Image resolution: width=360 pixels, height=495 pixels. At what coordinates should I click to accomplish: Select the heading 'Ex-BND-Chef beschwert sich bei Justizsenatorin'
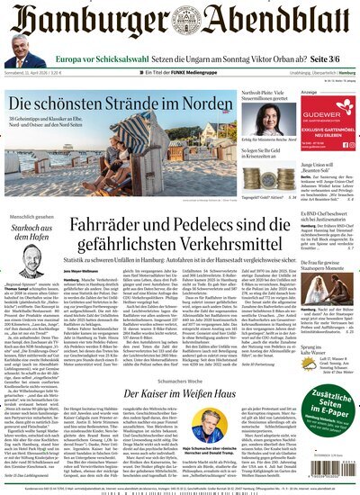point(324,215)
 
